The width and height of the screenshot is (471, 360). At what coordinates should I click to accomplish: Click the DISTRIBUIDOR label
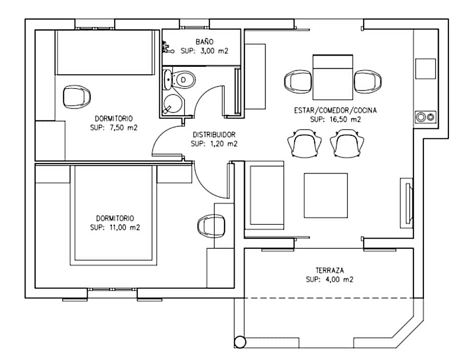(x=214, y=134)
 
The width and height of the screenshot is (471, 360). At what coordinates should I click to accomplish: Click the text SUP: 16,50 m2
(x=335, y=119)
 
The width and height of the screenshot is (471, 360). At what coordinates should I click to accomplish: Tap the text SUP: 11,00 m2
(x=115, y=227)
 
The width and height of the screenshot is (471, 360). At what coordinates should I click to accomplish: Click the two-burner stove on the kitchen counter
(x=426, y=117)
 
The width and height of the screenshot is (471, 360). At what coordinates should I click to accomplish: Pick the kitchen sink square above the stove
(x=425, y=69)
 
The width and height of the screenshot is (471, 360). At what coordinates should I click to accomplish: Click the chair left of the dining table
(x=298, y=81)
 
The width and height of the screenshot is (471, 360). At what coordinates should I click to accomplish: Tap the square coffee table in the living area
(x=326, y=196)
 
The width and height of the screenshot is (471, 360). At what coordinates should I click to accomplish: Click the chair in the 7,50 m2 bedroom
(x=77, y=96)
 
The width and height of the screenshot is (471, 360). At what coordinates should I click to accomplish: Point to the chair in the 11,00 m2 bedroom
(x=211, y=225)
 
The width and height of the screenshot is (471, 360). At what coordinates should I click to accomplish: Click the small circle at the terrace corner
(x=240, y=342)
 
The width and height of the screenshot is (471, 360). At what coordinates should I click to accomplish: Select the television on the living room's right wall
(x=407, y=202)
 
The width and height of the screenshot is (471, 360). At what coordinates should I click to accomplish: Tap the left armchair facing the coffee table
(x=304, y=142)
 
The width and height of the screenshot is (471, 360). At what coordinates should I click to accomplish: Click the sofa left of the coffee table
(x=265, y=196)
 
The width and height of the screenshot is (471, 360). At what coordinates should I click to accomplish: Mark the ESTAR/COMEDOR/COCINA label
(x=335, y=110)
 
